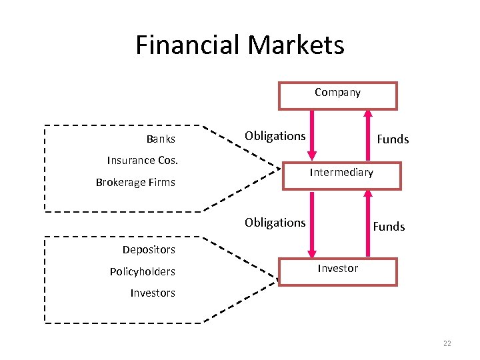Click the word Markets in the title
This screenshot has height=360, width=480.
click(x=295, y=45)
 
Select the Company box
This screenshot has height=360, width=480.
click(x=337, y=95)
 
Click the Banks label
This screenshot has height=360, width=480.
click(x=161, y=139)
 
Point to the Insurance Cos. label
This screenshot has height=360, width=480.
click(x=143, y=160)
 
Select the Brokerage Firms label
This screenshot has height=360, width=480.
click(x=135, y=182)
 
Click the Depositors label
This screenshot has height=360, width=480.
click(x=149, y=249)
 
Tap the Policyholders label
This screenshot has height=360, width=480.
click(x=143, y=271)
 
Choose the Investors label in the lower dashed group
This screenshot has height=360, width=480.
click(x=153, y=293)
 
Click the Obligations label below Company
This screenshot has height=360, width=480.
click(x=275, y=136)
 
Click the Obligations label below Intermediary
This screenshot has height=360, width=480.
click(x=275, y=222)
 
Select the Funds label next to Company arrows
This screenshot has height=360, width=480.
click(x=393, y=139)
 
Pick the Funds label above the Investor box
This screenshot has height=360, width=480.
click(x=389, y=227)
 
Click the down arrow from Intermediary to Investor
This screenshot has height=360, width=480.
click(x=311, y=224)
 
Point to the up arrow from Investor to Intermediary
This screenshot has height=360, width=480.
click(x=367, y=224)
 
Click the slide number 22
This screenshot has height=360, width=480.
click(x=447, y=343)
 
